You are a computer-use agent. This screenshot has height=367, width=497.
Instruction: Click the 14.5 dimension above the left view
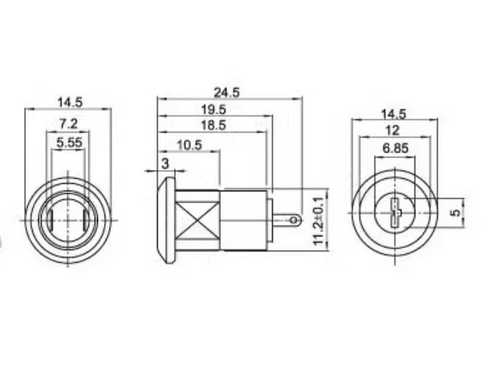(x=68, y=103)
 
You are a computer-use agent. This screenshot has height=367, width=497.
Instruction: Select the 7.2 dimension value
(x=68, y=125)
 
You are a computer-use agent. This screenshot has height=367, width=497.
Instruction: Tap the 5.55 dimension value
(x=68, y=143)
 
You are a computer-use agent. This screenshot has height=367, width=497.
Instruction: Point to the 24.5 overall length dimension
(x=226, y=92)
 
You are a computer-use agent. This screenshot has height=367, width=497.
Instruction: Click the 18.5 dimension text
(x=212, y=125)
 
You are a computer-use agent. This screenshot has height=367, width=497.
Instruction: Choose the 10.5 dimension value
(x=189, y=144)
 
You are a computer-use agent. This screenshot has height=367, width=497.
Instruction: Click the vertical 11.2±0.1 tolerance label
(x=318, y=220)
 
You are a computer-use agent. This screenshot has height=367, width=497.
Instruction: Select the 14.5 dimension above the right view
(x=393, y=114)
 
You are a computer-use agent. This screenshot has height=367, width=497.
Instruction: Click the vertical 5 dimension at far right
(x=455, y=213)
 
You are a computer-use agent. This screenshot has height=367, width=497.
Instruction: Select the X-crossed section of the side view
(x=198, y=219)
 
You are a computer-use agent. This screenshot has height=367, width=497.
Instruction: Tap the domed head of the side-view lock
(x=167, y=219)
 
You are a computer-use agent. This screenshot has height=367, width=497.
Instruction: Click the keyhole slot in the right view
(x=394, y=214)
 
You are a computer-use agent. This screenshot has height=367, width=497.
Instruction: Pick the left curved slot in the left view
(x=48, y=219)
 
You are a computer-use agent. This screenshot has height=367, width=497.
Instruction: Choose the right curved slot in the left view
(x=87, y=219)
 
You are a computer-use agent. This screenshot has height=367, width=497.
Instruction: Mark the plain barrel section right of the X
(x=244, y=219)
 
